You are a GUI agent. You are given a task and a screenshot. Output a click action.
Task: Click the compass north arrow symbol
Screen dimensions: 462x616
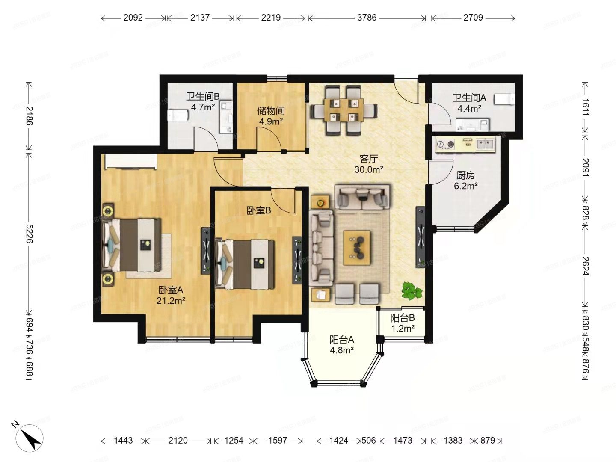point(29,436)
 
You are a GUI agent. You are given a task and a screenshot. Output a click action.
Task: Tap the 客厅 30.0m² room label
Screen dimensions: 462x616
point(368,164)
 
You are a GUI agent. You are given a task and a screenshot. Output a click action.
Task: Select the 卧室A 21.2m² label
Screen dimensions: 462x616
point(171,295)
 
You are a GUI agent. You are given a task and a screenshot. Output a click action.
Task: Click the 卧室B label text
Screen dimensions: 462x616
point(259,210)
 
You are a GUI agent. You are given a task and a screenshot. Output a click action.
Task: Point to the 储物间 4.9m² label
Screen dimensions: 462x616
point(271,116)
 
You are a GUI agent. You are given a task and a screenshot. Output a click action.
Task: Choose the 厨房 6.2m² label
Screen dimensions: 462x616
point(465,181)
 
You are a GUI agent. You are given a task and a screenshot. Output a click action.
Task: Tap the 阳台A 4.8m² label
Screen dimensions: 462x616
point(341,345)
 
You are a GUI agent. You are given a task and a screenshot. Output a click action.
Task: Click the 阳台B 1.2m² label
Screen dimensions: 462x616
point(403,323)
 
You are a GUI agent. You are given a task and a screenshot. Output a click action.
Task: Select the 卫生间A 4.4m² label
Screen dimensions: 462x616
point(469,103)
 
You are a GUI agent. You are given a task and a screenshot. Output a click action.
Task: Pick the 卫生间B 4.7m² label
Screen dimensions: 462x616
point(203,102)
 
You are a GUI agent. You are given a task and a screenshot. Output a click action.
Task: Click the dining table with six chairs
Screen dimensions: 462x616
point(344,110)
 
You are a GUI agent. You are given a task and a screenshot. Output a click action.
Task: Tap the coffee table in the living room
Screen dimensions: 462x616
point(357,248)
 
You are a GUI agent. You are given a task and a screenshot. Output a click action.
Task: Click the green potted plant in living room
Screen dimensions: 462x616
point(412,291)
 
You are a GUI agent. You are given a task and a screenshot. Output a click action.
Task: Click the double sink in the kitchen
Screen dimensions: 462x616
point(485,144)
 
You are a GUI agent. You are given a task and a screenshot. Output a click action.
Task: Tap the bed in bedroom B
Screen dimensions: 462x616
point(246,264)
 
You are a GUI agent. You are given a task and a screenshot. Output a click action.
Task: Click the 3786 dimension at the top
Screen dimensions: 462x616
point(367,18)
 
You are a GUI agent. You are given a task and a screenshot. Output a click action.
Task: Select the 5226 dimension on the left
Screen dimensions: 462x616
point(29,233)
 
